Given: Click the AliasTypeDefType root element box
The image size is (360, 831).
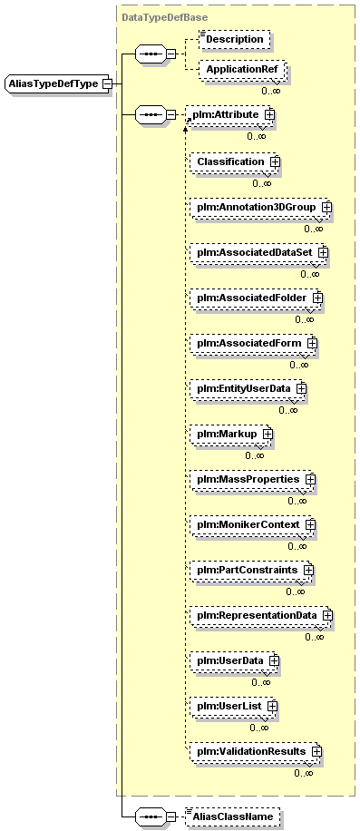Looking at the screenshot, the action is click(x=58, y=83).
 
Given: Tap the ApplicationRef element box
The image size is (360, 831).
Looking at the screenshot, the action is click(x=242, y=69).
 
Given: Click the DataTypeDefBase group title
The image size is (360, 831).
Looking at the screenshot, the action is click(x=165, y=17).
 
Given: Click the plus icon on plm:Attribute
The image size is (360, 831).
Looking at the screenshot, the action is click(x=269, y=114).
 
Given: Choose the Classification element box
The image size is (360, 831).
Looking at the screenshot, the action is click(x=235, y=161).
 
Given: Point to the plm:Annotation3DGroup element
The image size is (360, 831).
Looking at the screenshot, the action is click(x=261, y=207).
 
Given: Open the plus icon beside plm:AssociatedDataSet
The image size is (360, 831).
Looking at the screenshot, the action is click(x=324, y=253).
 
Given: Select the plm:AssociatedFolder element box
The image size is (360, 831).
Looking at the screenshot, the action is click(x=257, y=298).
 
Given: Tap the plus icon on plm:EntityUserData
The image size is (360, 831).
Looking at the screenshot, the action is click(x=301, y=388).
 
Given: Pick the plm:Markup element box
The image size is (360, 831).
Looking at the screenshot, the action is click(x=231, y=434).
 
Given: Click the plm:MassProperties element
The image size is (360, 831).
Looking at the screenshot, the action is click(x=252, y=480).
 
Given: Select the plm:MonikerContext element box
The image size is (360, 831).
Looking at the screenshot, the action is click(x=252, y=525).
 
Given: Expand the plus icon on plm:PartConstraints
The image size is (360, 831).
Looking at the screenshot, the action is click(x=308, y=570).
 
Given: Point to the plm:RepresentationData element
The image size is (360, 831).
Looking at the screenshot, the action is click(x=261, y=616).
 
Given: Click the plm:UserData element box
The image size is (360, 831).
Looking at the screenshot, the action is click(x=235, y=661).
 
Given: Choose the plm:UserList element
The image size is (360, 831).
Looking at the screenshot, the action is click(x=233, y=707).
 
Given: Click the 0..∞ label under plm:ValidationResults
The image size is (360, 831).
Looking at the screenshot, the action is click(x=304, y=773).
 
